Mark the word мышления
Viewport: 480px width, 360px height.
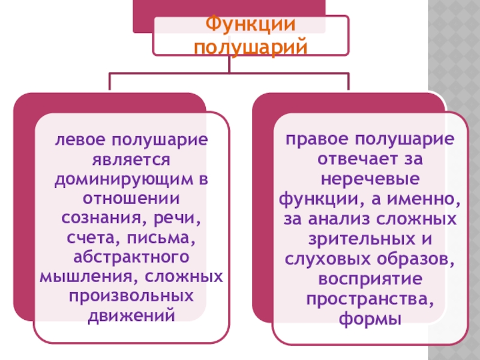[x=75, y=278]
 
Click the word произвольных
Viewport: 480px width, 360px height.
[x=132, y=297]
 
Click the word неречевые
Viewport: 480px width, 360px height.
[x=370, y=179]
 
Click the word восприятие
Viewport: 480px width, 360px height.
[x=370, y=278]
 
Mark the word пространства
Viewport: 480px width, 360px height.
[x=370, y=298]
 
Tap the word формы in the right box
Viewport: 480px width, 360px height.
[x=370, y=318]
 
